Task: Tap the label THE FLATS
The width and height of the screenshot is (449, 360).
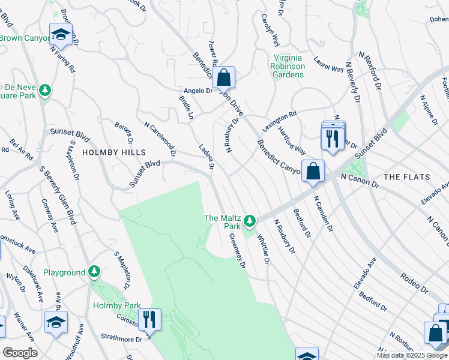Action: click(406, 177)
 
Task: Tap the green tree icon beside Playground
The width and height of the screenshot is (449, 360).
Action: click(94, 272)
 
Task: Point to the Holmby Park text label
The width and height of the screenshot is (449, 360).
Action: click(116, 305)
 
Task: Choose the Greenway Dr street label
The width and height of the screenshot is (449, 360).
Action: click(238, 250)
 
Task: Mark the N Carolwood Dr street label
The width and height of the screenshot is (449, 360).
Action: click(160, 139)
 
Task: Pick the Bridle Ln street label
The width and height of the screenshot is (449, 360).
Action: click(186, 106)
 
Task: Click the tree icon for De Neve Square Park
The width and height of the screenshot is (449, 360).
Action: click(44, 91)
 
